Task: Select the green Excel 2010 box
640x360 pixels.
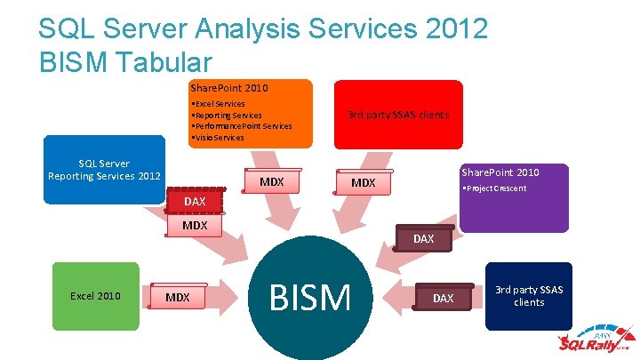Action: pyautogui.click(x=96, y=296)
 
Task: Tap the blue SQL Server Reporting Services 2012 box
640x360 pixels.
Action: pyautogui.click(x=104, y=169)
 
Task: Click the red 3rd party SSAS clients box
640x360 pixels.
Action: pyautogui.click(x=397, y=114)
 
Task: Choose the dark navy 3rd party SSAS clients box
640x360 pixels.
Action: pyautogui.click(x=529, y=296)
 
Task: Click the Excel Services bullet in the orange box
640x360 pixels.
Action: pyautogui.click(x=219, y=104)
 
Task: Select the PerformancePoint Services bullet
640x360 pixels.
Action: pyautogui.click(x=242, y=126)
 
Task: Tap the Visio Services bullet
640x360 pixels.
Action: pyautogui.click(x=218, y=138)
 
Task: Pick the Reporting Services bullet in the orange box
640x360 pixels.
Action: pyautogui.click(x=227, y=116)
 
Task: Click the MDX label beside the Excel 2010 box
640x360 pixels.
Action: pyautogui.click(x=178, y=297)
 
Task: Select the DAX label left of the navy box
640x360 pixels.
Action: pyautogui.click(x=443, y=299)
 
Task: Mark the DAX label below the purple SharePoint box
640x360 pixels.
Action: pyautogui.click(x=423, y=239)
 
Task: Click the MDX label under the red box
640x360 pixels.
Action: pyautogui.click(x=363, y=183)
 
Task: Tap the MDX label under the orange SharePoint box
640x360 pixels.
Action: pyautogui.click(x=271, y=182)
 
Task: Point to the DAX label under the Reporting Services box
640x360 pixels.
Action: pyautogui.click(x=194, y=202)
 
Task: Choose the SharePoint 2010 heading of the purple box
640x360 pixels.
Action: pyautogui.click(x=500, y=172)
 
